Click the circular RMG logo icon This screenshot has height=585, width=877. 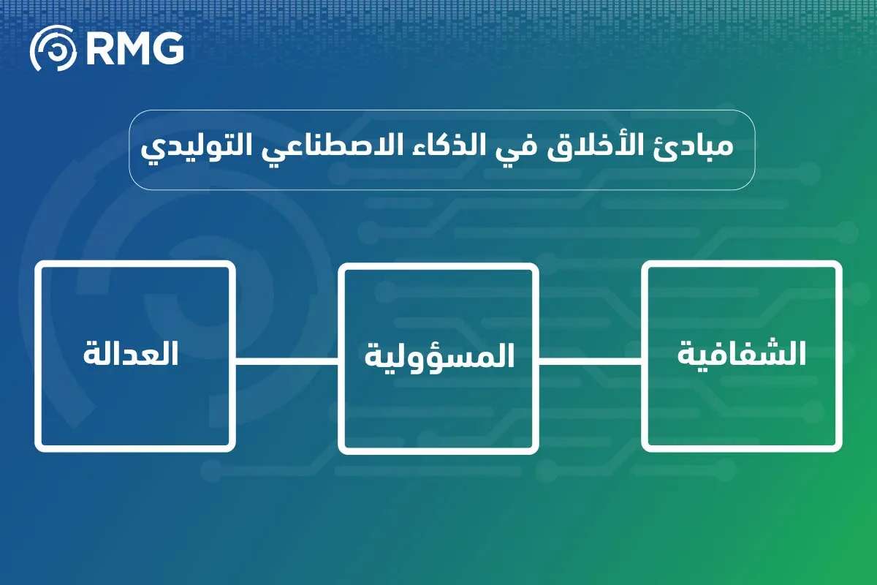pos(53,48)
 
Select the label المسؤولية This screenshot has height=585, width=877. pos(438,355)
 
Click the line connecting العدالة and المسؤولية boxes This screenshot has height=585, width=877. pos(287,360)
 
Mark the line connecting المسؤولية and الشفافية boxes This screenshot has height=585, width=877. pos(591,360)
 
